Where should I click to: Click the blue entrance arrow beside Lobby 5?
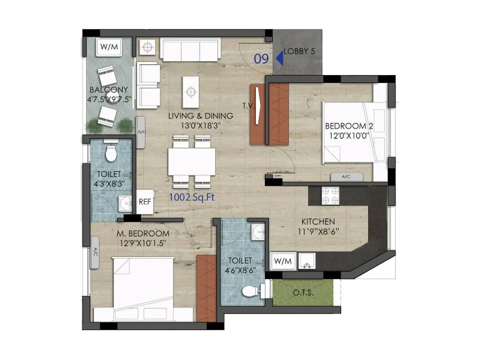tap(280, 58)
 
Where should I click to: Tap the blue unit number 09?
tap(261, 59)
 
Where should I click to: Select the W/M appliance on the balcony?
tap(109, 47)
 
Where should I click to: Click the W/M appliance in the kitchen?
tap(283, 261)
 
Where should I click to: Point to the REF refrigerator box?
tap(145, 202)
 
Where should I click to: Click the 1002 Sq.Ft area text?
tap(192, 197)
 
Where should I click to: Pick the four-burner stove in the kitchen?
tap(330, 196)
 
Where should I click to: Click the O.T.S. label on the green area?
tap(303, 292)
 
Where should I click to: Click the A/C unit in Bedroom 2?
tap(346, 177)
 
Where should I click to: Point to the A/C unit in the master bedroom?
tap(95, 252)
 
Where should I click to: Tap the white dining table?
tap(191, 162)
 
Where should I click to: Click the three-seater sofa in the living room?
tap(190, 49)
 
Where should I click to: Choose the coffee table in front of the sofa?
tap(191, 92)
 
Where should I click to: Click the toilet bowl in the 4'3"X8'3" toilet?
tap(111, 153)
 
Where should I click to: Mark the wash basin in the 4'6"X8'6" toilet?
tap(258, 232)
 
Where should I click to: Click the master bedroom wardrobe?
tap(206, 288)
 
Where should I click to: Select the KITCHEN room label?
tap(318, 222)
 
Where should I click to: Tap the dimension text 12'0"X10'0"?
tap(349, 136)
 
